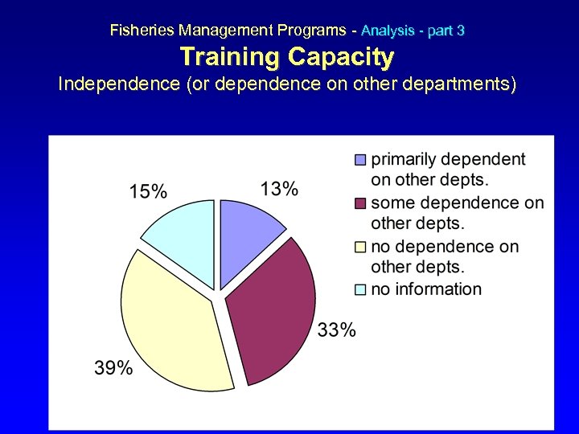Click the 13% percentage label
pos(279,189)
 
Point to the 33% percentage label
pos(337,330)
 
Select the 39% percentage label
pos(113,368)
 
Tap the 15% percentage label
pos(149,191)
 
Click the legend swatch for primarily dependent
pos(360,160)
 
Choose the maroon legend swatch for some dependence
pos(360,203)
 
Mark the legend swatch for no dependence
pos(360,247)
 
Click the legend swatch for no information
pos(360,290)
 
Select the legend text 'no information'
pos(426,289)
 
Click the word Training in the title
pos(230,57)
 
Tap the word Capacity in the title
pos(341,57)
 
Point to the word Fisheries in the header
pos(142,31)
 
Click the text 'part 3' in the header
pos(446,31)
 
